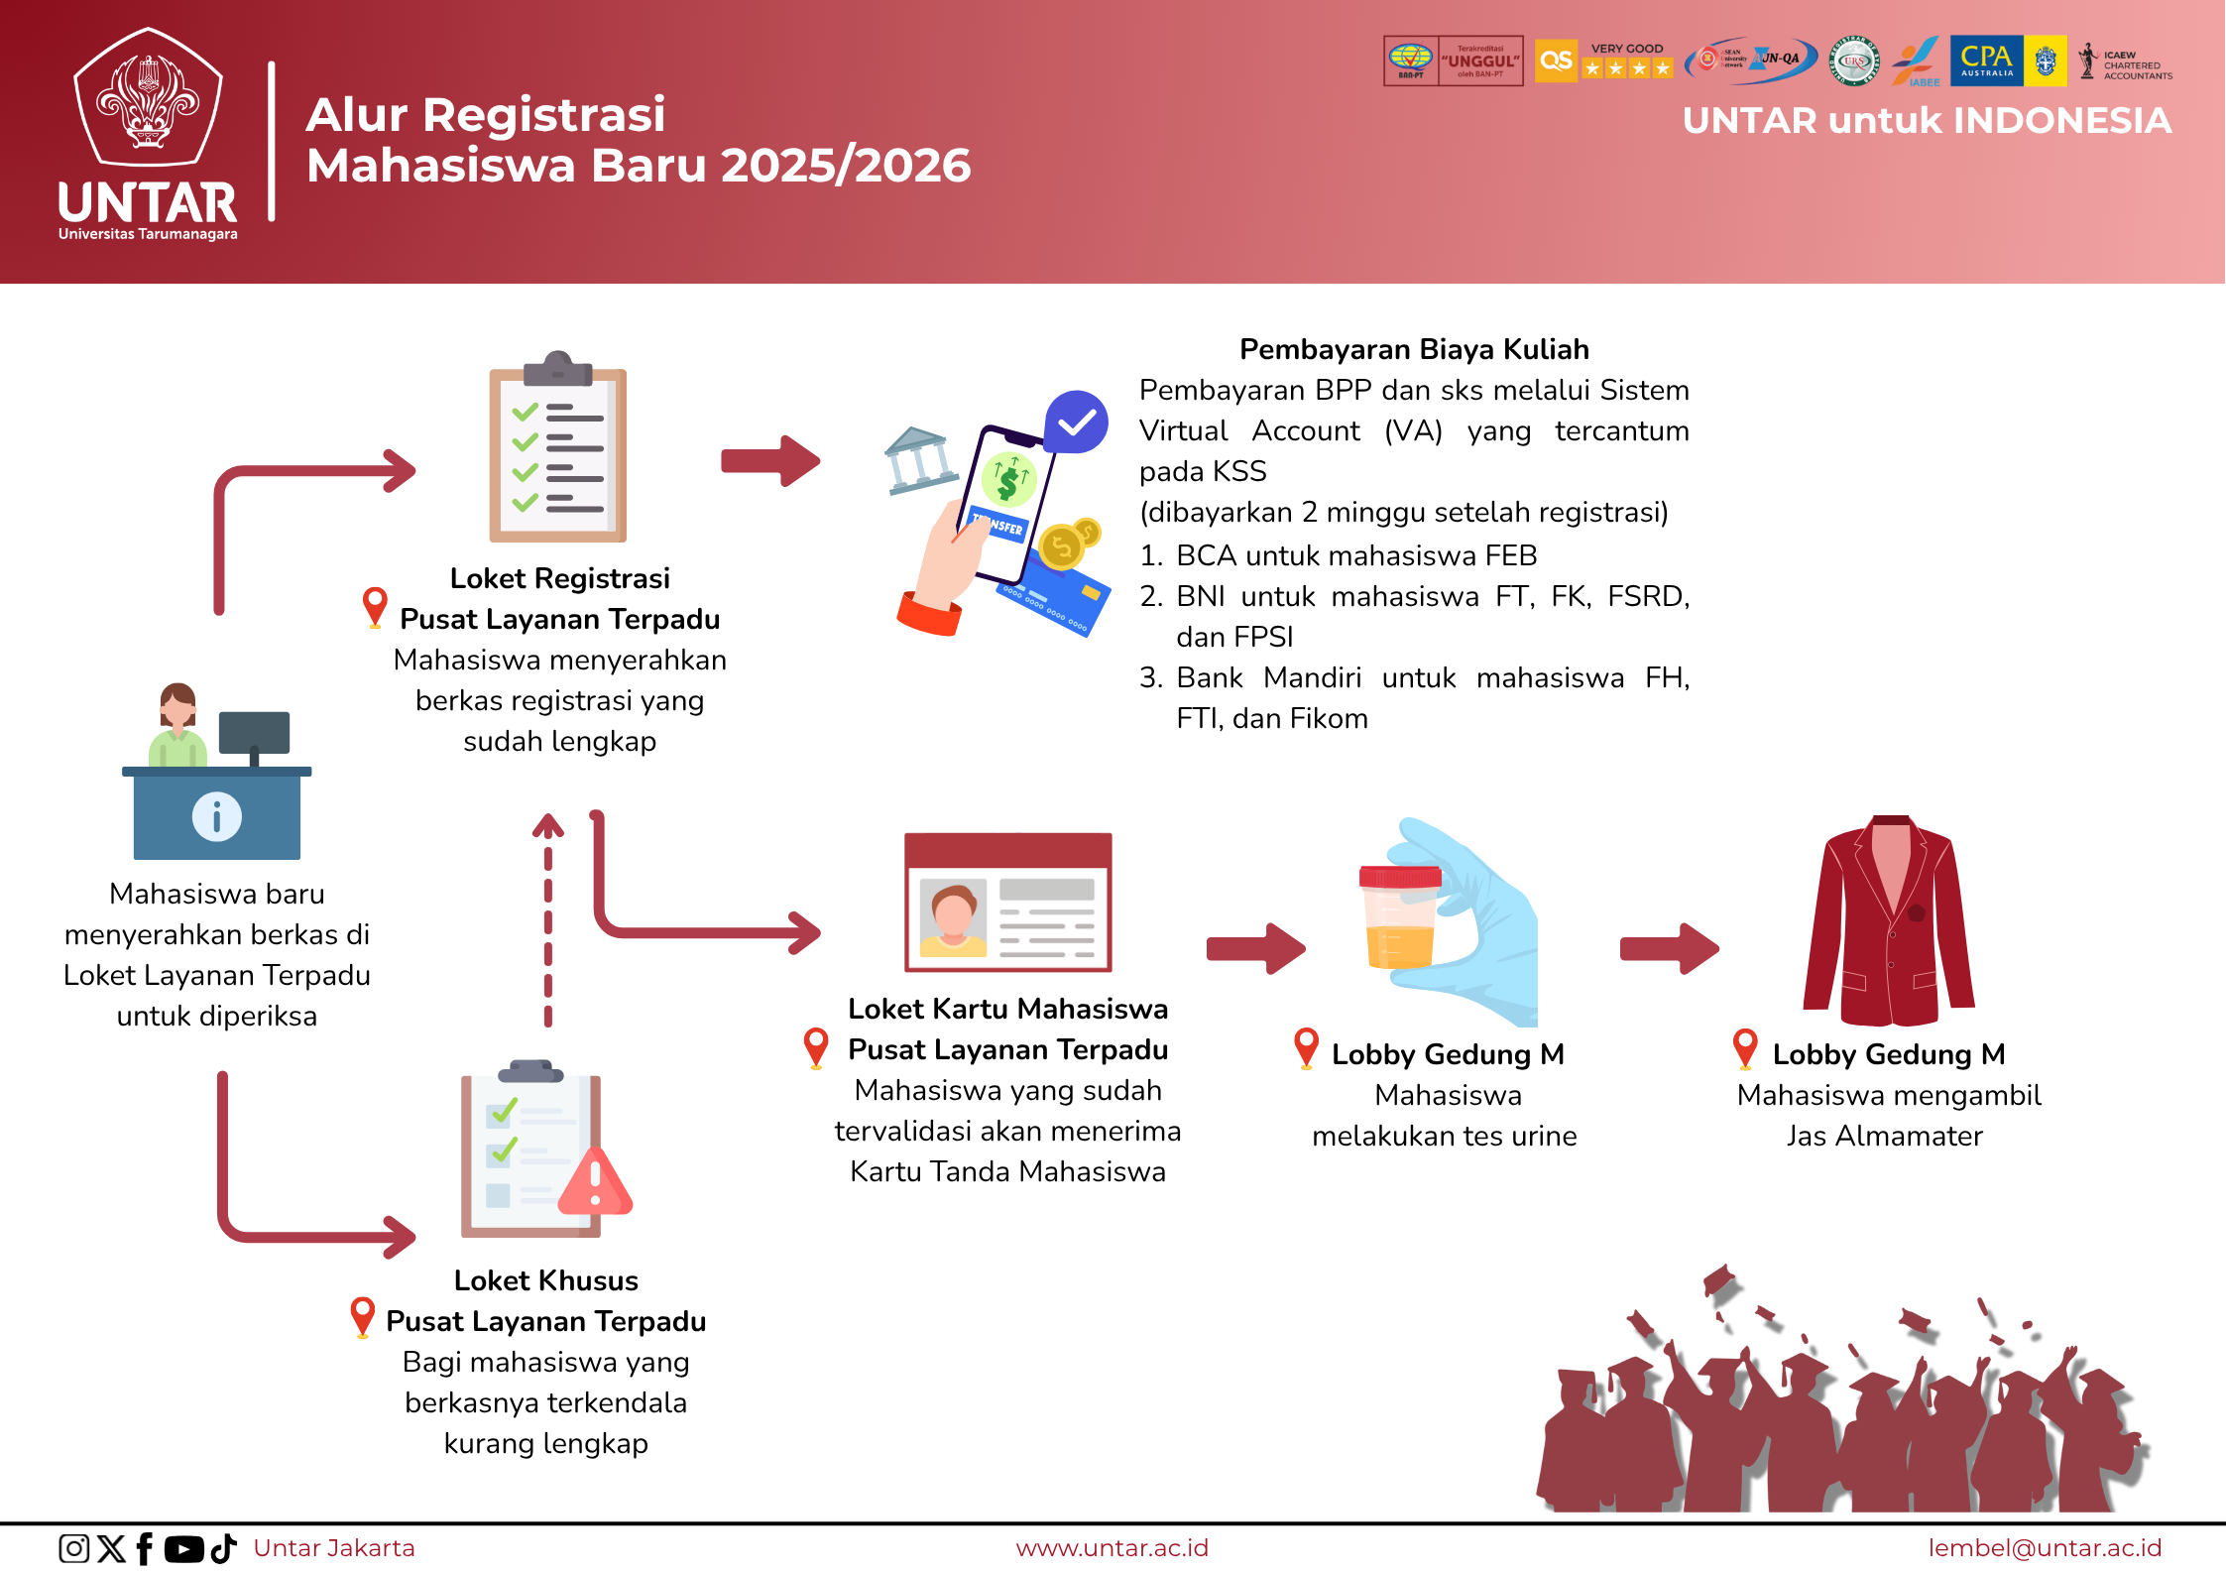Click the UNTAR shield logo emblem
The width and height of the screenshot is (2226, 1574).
149,99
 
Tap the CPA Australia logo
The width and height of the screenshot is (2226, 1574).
1986,61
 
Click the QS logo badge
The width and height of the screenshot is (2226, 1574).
1555,61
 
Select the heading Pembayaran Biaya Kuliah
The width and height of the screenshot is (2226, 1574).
1414,349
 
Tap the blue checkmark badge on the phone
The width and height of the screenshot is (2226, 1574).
1076,423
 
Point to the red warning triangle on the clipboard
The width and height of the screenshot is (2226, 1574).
595,1182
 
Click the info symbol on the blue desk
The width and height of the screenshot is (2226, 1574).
216,817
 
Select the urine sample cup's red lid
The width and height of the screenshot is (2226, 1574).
1399,876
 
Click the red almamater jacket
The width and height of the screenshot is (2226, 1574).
1889,922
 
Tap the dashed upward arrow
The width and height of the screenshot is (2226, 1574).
548,917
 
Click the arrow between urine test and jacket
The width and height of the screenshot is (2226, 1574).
1669,949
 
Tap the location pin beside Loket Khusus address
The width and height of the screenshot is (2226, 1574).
363,1317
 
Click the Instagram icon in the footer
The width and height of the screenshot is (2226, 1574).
73,1548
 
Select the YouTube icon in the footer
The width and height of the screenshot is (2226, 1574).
183,1548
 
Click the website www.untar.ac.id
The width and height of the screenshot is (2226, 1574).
1112,1548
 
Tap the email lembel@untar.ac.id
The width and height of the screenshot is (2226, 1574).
2045,1548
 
